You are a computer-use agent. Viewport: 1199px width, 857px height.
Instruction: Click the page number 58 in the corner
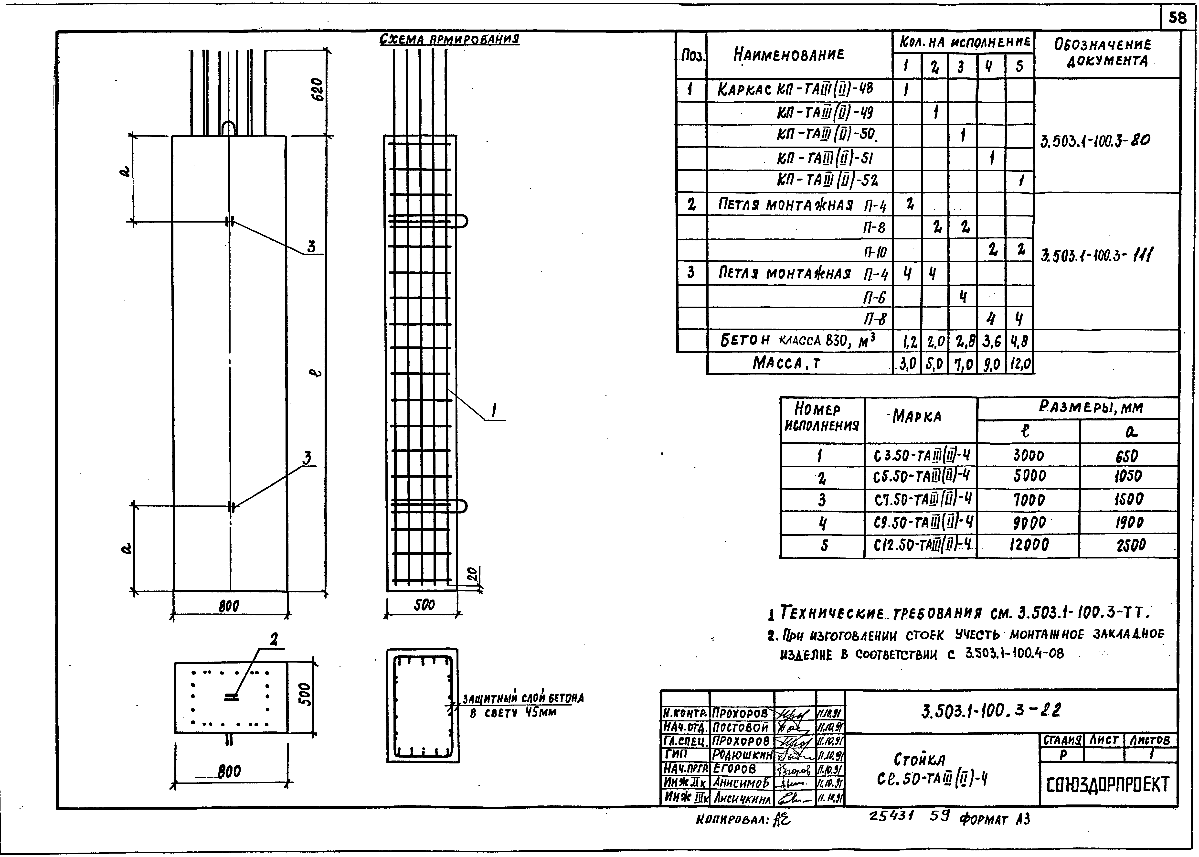tap(1177, 19)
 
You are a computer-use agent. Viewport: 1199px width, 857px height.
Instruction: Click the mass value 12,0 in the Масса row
tap(1019, 364)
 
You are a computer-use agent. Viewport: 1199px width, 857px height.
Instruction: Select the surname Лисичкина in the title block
tap(742, 799)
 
